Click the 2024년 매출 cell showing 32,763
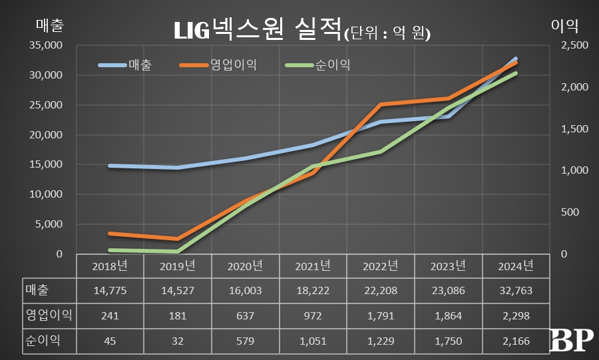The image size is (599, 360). coord(516,291)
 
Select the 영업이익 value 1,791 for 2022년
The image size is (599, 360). coord(380,316)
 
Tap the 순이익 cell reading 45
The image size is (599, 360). coord(110,341)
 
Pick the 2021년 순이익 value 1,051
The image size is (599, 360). coord(313,341)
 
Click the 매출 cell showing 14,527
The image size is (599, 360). coord(178,291)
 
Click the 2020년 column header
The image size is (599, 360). coord(245,266)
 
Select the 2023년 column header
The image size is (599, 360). coord(448,266)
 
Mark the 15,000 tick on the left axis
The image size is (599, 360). coord(47,164)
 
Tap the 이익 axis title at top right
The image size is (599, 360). coord(564,26)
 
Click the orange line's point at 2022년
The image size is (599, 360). coord(380,104)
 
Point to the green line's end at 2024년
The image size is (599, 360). coord(516,73)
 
